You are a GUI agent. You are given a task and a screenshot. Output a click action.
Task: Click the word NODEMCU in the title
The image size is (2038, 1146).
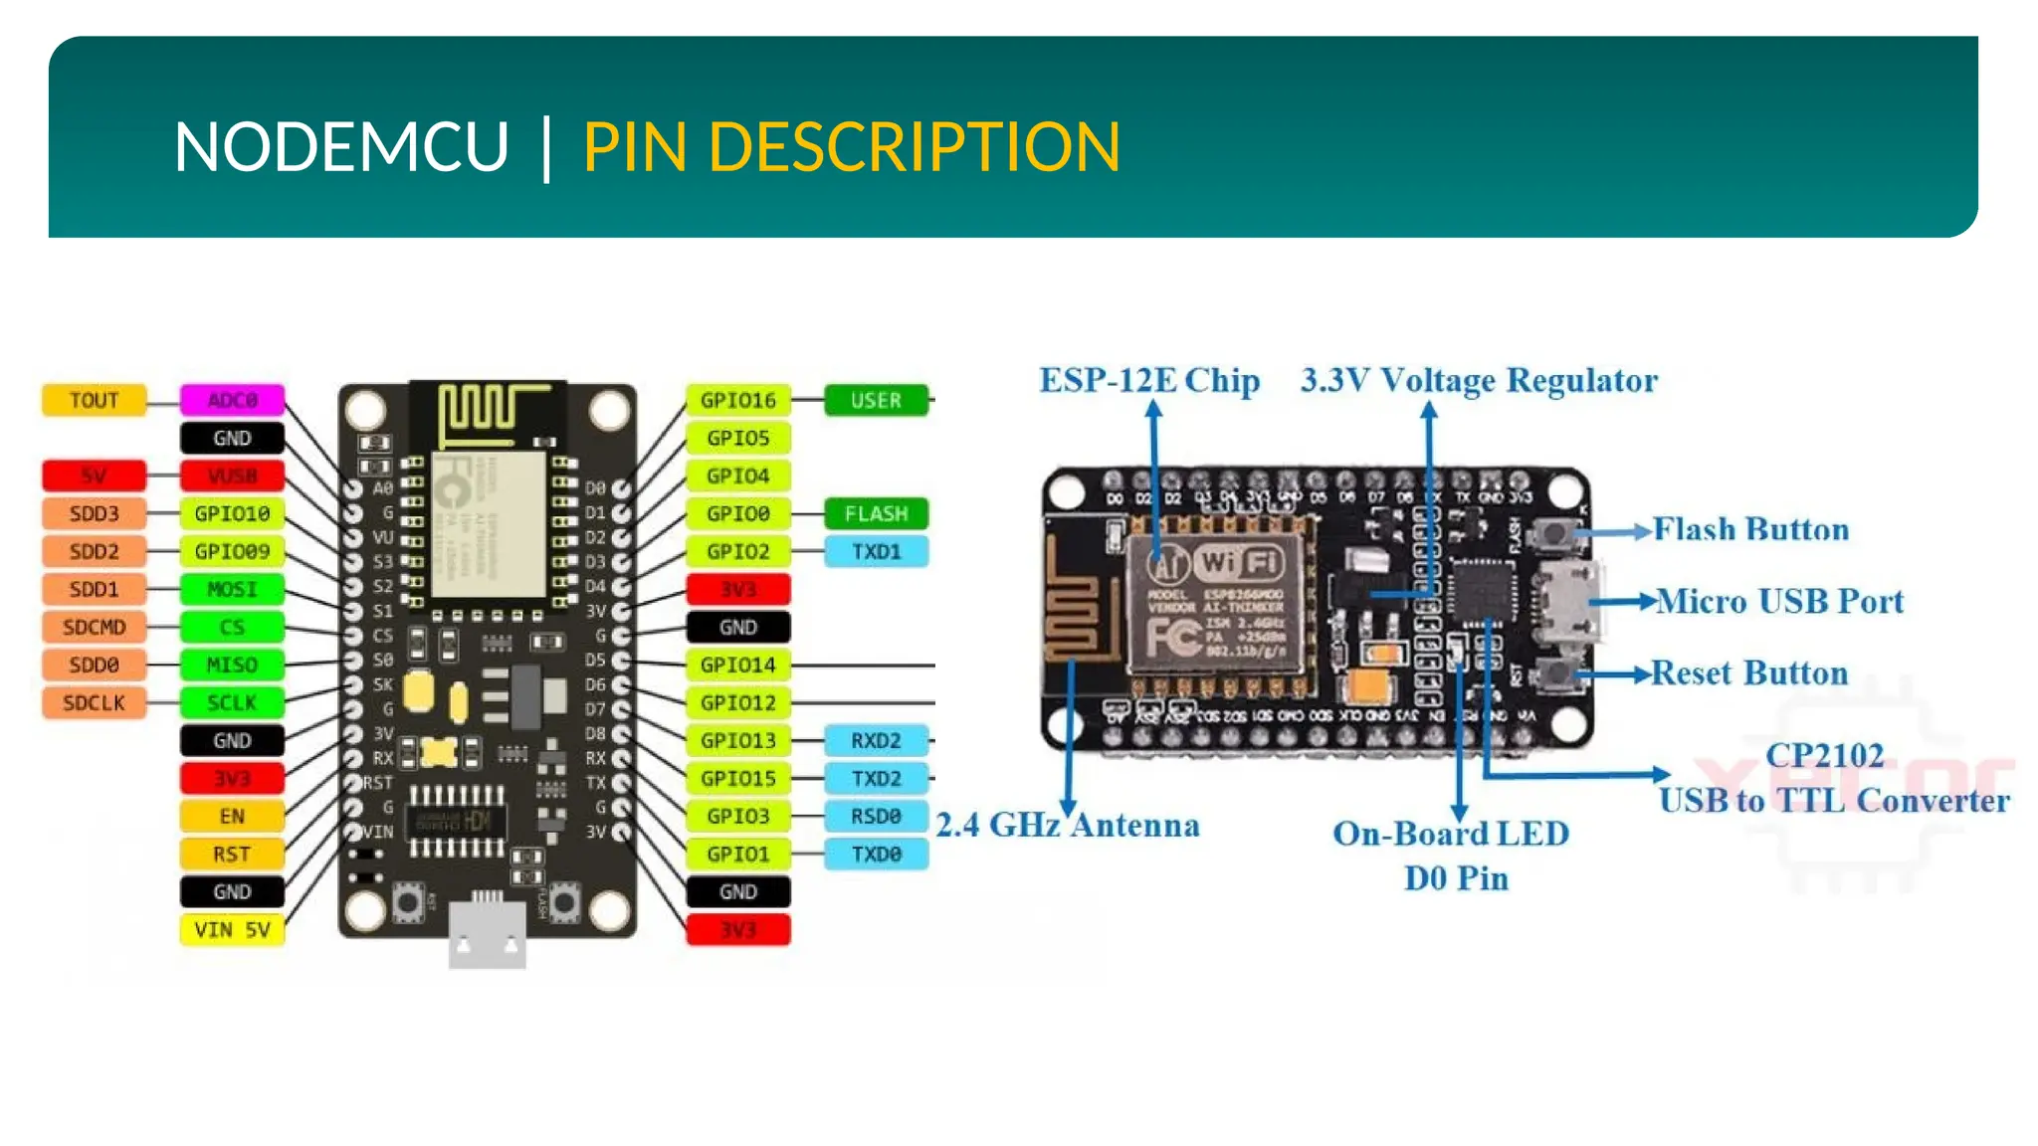(340, 147)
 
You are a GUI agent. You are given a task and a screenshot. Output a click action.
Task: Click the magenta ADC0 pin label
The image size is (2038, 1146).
(232, 400)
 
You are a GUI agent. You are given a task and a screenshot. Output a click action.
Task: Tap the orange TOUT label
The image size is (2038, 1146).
(94, 400)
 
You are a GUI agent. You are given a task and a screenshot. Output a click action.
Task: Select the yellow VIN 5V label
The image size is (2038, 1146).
(232, 930)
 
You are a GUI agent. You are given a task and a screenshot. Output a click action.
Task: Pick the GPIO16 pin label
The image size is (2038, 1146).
(737, 400)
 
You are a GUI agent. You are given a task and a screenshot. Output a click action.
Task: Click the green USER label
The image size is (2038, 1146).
(876, 400)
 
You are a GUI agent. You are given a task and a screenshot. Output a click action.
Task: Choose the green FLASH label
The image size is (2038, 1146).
(876, 513)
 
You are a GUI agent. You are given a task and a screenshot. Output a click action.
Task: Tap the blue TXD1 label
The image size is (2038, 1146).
(876, 551)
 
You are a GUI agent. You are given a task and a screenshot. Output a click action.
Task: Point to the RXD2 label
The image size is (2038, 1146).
(876, 740)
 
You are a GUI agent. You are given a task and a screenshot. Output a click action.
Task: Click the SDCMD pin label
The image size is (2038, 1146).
(94, 627)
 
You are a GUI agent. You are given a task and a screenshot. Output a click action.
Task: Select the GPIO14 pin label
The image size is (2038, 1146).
(737, 665)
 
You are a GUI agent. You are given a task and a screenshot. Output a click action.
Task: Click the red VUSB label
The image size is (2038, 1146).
(232, 476)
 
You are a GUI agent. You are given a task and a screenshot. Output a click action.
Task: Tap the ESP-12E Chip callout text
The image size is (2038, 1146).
(1149, 381)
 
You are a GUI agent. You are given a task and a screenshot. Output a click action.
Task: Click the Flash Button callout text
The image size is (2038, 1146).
(1750, 529)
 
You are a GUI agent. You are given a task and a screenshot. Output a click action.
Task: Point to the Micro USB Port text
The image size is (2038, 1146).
(1779, 601)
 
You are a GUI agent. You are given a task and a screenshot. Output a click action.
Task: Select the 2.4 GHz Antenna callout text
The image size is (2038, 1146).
(1068, 825)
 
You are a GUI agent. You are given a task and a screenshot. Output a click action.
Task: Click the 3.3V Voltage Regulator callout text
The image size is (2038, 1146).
(1479, 381)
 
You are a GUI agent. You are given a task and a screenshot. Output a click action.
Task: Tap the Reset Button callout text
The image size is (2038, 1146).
(1749, 673)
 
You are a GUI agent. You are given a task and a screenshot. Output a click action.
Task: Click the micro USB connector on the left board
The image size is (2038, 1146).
(487, 934)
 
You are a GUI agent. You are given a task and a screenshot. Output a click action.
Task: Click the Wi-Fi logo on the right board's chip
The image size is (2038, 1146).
(1239, 563)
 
